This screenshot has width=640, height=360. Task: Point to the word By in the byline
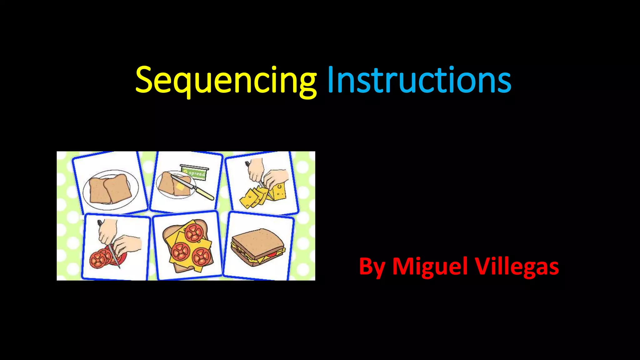tap(372, 267)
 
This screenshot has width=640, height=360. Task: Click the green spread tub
tap(194, 172)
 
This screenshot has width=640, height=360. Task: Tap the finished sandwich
tap(258, 247)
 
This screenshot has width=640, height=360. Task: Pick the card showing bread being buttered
tap(186, 182)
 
